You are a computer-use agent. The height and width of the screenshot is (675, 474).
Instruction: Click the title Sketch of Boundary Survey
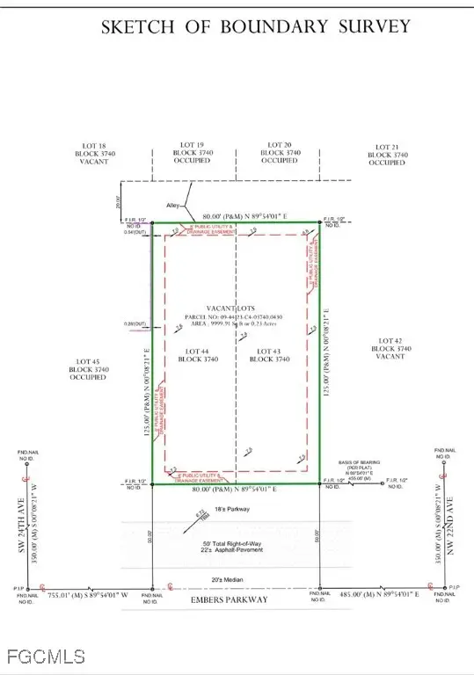256,26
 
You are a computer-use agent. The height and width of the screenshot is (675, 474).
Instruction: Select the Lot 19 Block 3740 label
192,153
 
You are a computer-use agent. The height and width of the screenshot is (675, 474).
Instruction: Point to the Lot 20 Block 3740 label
279,153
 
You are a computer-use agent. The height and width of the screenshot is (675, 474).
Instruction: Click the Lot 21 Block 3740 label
387,155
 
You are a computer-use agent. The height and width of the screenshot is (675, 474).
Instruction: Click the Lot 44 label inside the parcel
191,354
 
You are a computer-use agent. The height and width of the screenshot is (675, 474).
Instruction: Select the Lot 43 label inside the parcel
273,354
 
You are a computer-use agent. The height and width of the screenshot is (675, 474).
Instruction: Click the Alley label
173,207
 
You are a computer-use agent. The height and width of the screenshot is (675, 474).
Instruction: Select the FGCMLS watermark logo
43,656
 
